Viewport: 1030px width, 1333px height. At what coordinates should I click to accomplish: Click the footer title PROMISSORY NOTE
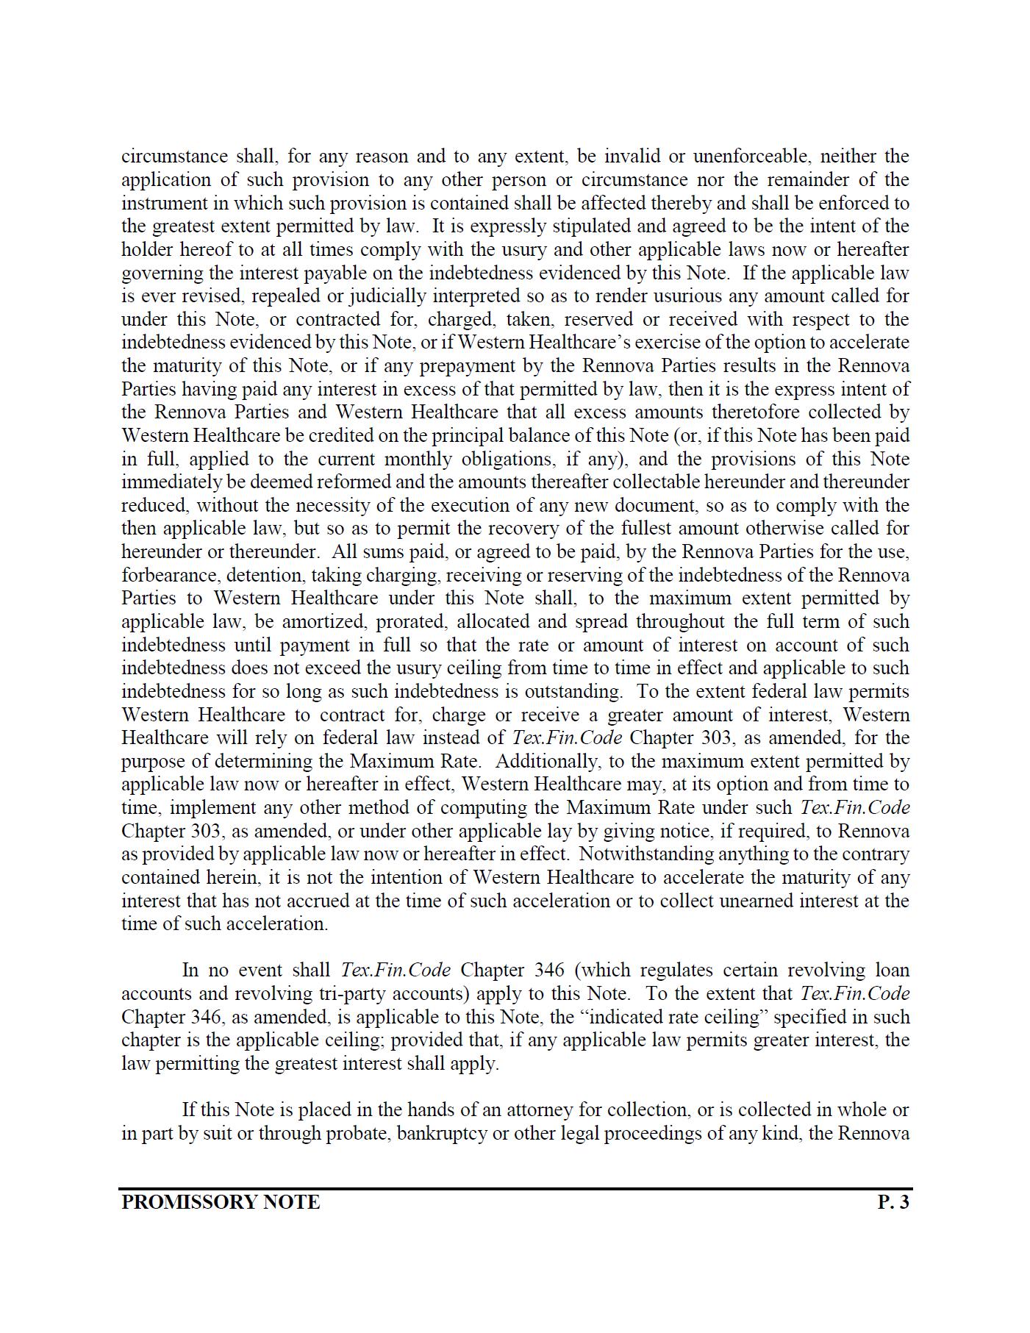(x=221, y=1202)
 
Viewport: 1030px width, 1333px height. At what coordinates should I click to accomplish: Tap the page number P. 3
(x=893, y=1202)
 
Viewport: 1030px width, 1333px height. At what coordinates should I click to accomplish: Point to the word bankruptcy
(x=442, y=1133)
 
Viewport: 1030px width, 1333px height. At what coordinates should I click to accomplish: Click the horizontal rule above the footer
(x=515, y=1188)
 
